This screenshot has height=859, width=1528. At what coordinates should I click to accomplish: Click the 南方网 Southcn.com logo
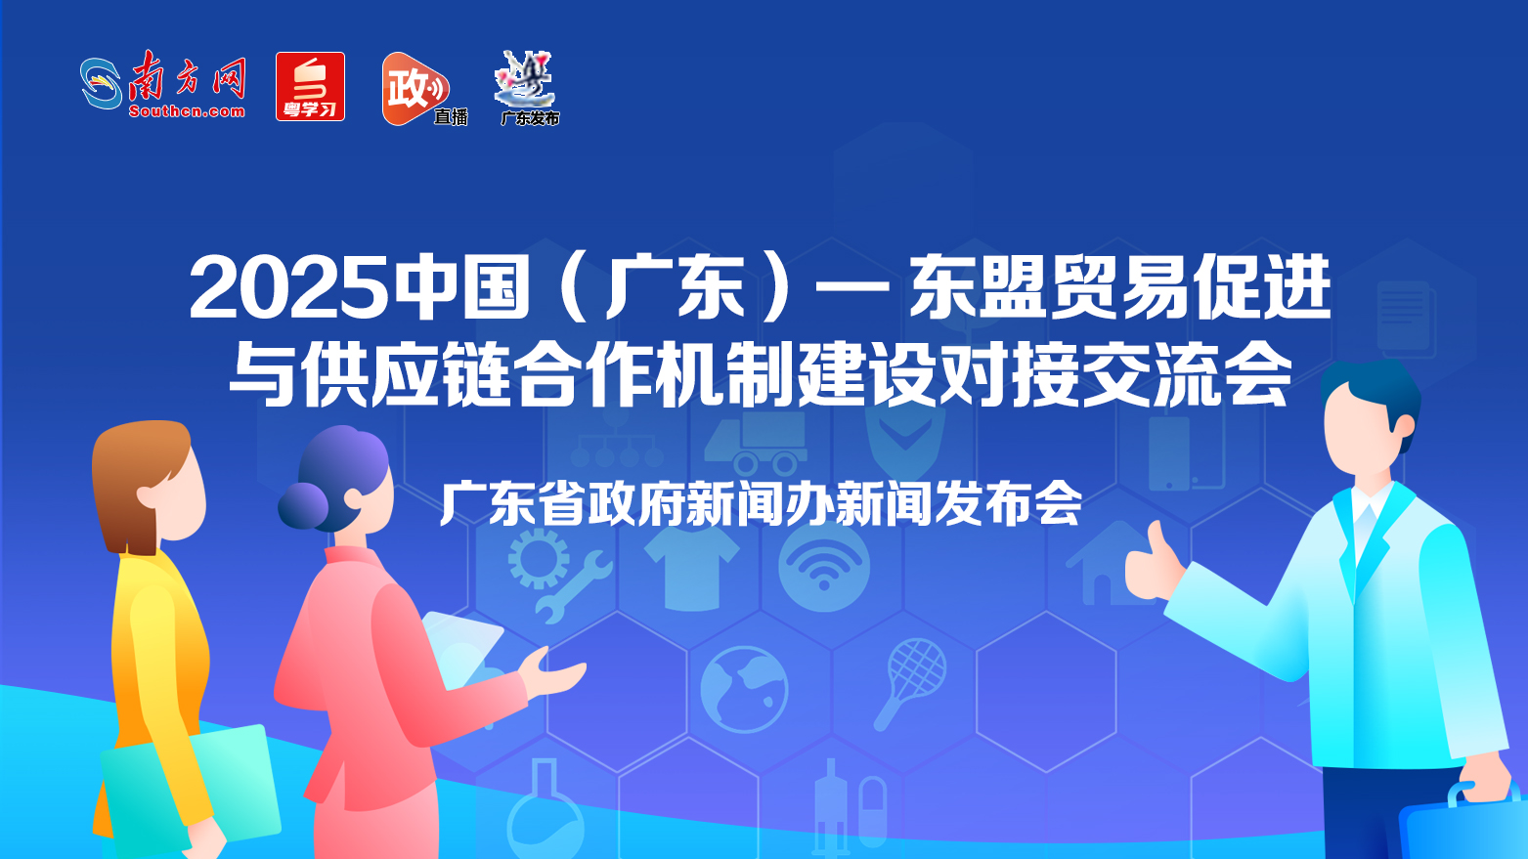(x=163, y=85)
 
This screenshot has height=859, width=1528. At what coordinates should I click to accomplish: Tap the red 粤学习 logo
(x=310, y=87)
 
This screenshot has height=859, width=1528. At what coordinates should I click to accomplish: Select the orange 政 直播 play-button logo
(x=424, y=89)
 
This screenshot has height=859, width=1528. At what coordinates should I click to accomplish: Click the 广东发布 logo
(x=528, y=89)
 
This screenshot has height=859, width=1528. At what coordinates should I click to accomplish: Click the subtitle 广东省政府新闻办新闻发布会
(x=762, y=504)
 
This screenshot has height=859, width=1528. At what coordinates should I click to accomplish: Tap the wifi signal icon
(x=824, y=566)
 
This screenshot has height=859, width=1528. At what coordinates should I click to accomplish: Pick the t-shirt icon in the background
(x=692, y=570)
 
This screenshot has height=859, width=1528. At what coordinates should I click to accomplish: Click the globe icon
(x=744, y=689)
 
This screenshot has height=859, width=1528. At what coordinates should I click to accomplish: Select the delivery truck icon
(x=756, y=444)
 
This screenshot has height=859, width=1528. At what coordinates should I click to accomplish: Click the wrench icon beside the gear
(x=573, y=586)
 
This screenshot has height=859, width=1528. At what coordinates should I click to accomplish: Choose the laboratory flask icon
(x=545, y=810)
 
